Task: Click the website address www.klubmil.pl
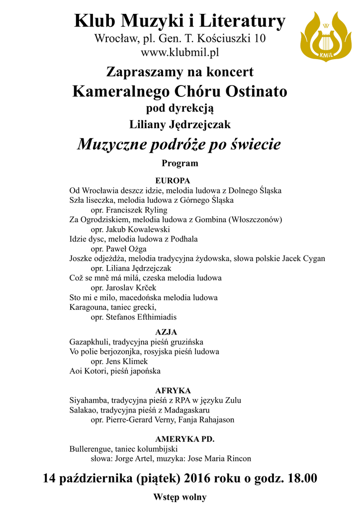coord(180,52)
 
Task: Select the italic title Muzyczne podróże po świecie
coord(180,145)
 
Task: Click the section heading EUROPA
coord(173,180)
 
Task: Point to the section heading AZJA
coord(166,332)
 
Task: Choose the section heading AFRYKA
coord(173,391)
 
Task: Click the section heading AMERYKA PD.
coord(184,439)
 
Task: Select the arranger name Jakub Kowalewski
coord(138,229)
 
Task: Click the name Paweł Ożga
coord(126,249)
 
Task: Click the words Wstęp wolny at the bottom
coord(180,497)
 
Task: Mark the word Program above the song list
coord(180,163)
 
